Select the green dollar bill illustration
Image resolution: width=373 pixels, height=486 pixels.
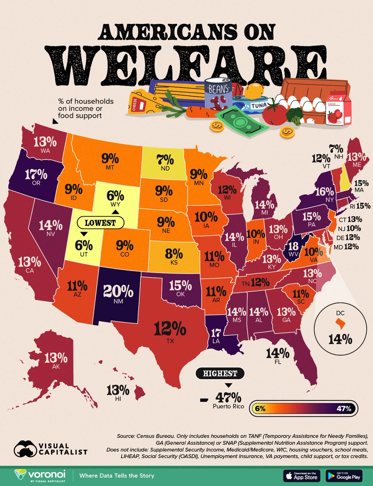coord(242,121)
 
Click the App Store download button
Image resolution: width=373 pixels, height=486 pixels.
coord(301,474)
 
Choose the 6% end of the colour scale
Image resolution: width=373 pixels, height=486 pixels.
coord(260,409)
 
